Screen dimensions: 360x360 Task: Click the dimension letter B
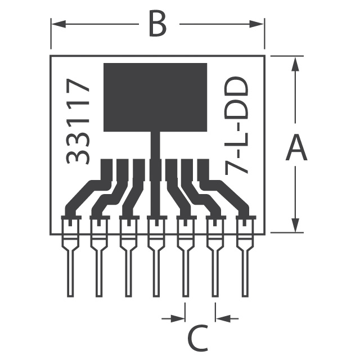click(157, 25)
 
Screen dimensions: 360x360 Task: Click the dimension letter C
click(198, 337)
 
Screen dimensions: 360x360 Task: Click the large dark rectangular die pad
click(155, 97)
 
